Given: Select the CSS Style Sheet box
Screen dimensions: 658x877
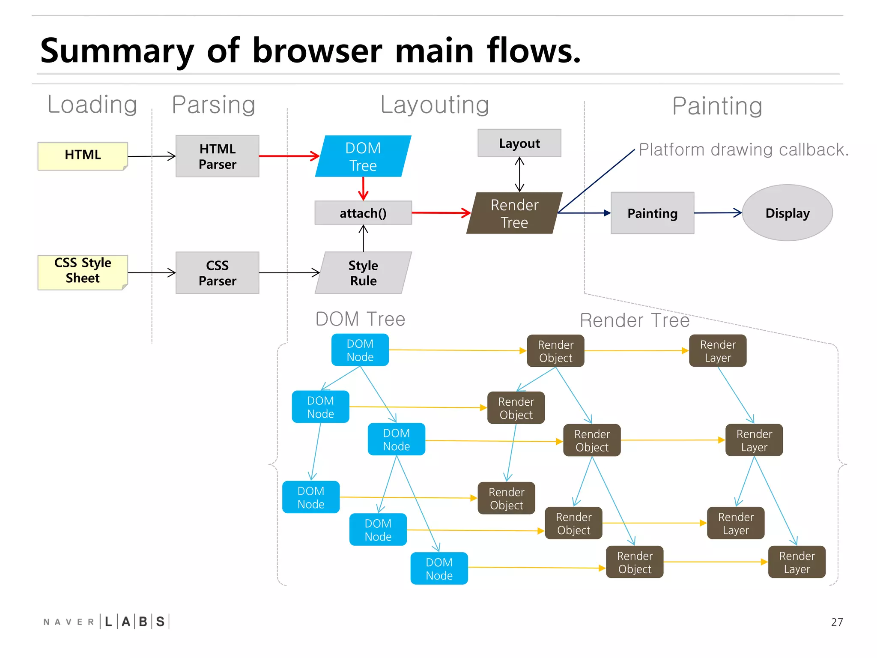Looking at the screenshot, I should click(x=83, y=272).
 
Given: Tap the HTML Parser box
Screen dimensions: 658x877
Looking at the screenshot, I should click(x=217, y=156).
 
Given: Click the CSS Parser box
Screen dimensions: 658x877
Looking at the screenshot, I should click(x=217, y=273).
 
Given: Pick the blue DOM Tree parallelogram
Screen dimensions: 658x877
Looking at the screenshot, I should click(x=363, y=156).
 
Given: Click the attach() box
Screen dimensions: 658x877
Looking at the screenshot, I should click(x=363, y=213).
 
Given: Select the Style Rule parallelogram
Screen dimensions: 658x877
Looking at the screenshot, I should click(x=363, y=273).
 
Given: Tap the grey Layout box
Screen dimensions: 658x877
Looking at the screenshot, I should click(x=519, y=143).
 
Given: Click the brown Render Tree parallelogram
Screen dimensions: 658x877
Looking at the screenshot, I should click(x=514, y=213).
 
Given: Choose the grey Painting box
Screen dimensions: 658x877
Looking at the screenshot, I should click(x=652, y=213).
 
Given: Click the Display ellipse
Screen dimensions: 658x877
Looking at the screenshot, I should click(x=787, y=213).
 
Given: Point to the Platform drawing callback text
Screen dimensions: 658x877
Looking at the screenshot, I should click(x=743, y=150).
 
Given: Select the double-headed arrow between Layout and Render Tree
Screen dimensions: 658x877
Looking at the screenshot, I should click(x=519, y=174).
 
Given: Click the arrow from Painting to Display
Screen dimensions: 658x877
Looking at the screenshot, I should click(x=717, y=213).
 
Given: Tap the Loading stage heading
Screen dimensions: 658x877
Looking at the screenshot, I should click(x=92, y=105).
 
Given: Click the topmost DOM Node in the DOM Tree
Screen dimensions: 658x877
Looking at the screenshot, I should click(x=360, y=350).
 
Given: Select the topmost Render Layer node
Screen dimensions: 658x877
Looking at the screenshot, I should click(x=717, y=351).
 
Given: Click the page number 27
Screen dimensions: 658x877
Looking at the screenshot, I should click(x=836, y=622).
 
